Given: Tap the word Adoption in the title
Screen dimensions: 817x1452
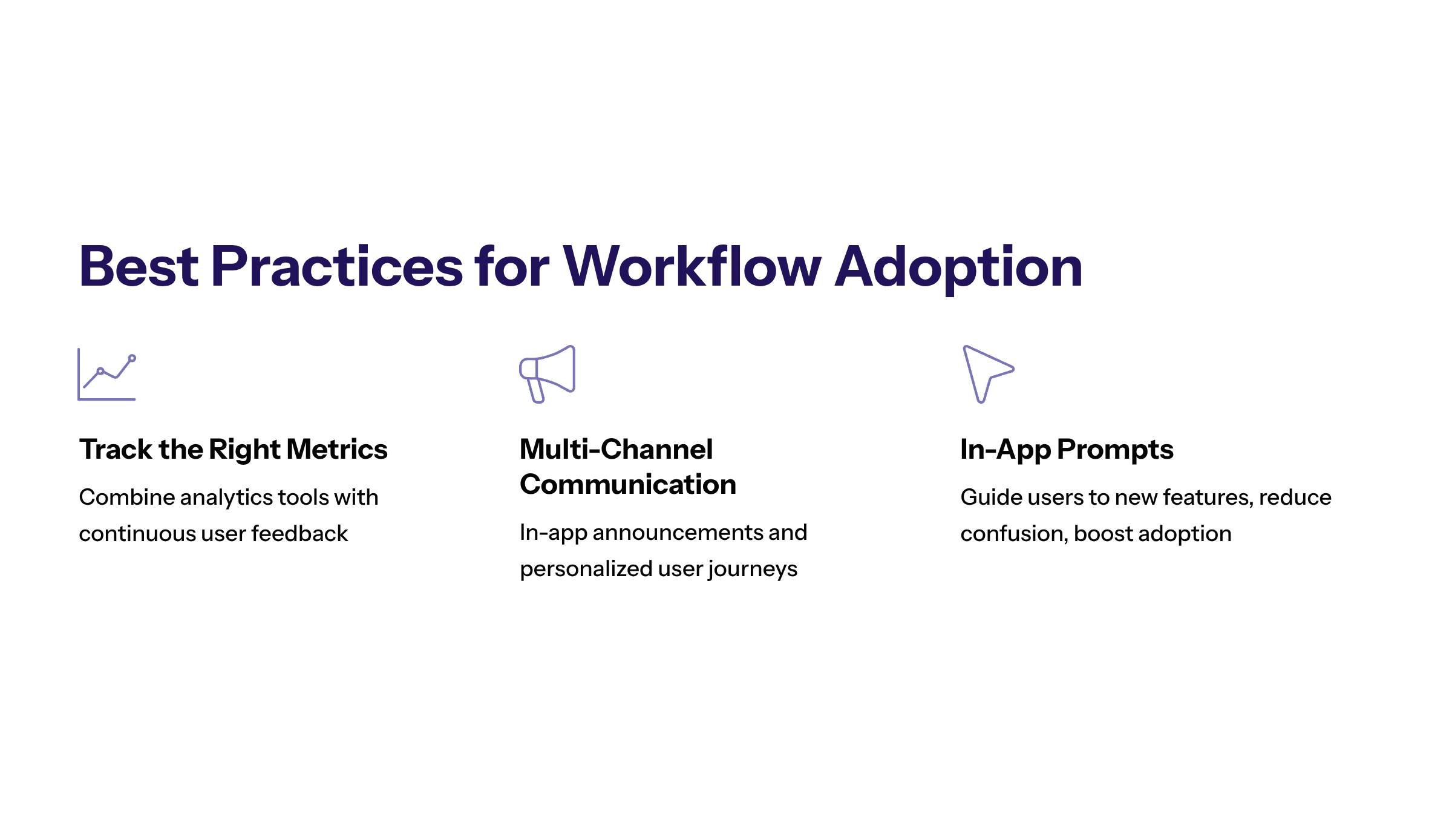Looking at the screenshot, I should point(958,267).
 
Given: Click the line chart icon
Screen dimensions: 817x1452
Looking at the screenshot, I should point(107,375).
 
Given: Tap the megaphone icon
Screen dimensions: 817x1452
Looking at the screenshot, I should point(548,374).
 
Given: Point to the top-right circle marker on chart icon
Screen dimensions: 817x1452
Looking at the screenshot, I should point(132,358).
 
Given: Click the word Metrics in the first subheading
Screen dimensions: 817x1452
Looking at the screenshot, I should point(337,449).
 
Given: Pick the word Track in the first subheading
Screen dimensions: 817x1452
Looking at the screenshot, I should point(116,449).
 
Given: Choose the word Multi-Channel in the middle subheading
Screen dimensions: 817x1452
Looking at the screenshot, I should point(616,449).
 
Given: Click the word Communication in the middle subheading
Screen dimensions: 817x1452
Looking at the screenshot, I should point(627,484).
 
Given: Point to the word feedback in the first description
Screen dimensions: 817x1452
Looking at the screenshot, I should point(299,534).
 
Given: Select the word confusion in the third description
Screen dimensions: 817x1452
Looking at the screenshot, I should point(1013,534).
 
